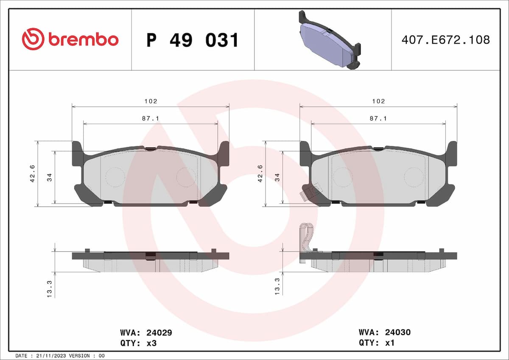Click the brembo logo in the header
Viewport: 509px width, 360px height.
70,39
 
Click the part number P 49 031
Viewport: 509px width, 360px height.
193,40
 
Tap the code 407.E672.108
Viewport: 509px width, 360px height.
445,40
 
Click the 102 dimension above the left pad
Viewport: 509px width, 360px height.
151,101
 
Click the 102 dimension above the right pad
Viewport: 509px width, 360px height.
378,101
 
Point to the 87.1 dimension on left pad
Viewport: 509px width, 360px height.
151,119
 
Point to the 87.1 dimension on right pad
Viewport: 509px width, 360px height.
378,119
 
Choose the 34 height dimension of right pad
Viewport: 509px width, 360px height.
277,177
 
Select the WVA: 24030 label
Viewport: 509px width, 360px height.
384,333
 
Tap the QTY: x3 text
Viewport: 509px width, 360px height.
139,343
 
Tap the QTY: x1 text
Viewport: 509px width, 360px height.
377,343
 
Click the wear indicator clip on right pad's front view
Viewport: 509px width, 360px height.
308,193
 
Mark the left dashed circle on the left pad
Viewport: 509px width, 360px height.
115,177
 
